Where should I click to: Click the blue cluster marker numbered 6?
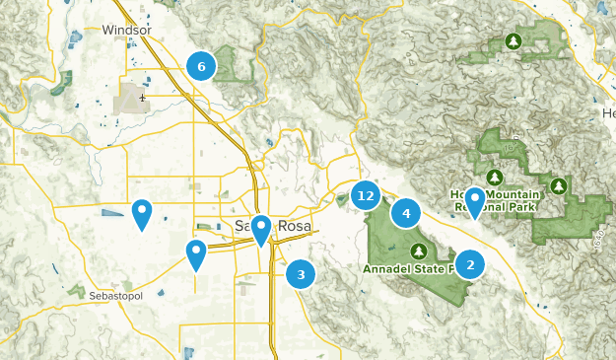point(201,66)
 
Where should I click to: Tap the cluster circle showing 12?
point(367,195)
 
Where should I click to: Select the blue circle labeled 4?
point(406,212)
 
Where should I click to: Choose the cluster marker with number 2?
point(470,263)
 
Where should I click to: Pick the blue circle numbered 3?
point(301,274)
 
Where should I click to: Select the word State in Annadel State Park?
point(435,268)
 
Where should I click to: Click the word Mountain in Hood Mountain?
point(507,193)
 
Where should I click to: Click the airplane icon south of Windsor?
point(144,98)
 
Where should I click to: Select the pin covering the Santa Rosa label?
point(260,230)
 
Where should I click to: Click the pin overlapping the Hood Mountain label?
point(475,202)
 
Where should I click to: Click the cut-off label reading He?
point(607,114)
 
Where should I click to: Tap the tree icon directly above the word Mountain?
point(496,177)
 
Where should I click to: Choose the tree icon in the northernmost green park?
point(513,41)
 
